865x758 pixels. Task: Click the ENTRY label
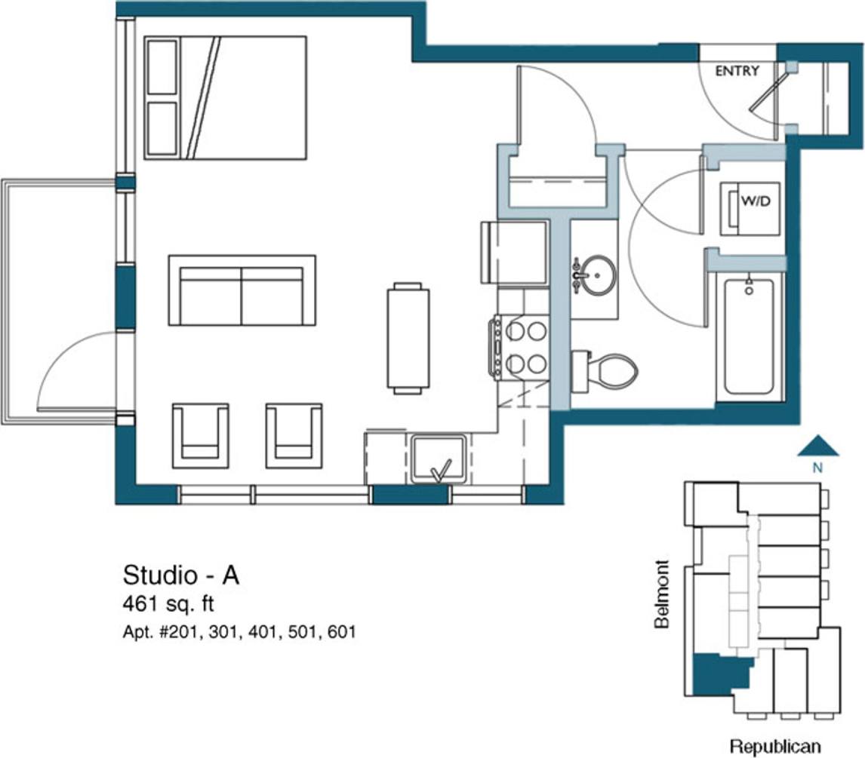[x=737, y=71]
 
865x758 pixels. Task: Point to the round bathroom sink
[x=596, y=275]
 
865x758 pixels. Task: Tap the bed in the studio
[x=225, y=97]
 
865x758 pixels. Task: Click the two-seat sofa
[x=242, y=290]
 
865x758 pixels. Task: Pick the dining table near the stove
[x=408, y=338]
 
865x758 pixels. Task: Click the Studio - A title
[x=181, y=575]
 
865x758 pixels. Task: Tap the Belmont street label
[x=662, y=594]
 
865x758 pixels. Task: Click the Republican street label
[x=774, y=746]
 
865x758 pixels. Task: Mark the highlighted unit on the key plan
[x=717, y=675]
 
